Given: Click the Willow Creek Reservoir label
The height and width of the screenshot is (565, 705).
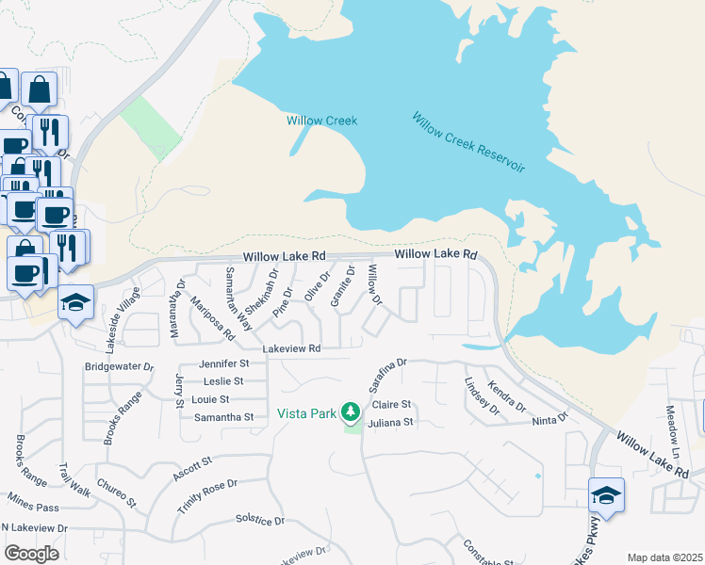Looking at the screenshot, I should point(467,142).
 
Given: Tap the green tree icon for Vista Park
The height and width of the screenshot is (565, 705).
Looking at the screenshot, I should point(351,412).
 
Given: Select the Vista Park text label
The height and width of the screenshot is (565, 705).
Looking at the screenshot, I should point(306,413).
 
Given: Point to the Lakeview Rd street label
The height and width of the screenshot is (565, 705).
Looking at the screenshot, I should point(292,348).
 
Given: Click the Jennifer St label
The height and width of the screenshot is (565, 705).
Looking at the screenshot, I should point(223,363).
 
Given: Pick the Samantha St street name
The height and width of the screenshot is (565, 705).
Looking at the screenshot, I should point(222,416).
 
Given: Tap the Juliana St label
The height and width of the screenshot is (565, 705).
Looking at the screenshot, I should point(391,423).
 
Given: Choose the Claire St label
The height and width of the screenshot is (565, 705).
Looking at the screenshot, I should point(395,405).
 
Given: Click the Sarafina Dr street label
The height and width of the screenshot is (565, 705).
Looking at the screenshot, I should point(386,375).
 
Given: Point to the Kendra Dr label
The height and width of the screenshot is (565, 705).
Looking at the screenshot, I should point(507,395).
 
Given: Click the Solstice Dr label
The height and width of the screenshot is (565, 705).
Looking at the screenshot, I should point(259,520).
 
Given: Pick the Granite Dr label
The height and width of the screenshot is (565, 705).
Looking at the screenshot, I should point(341,286).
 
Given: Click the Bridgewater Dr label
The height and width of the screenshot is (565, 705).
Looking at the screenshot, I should point(119,365).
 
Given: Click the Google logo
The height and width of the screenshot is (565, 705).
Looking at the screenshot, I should point(31,554).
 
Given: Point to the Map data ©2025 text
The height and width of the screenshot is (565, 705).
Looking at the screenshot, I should point(664,557).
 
